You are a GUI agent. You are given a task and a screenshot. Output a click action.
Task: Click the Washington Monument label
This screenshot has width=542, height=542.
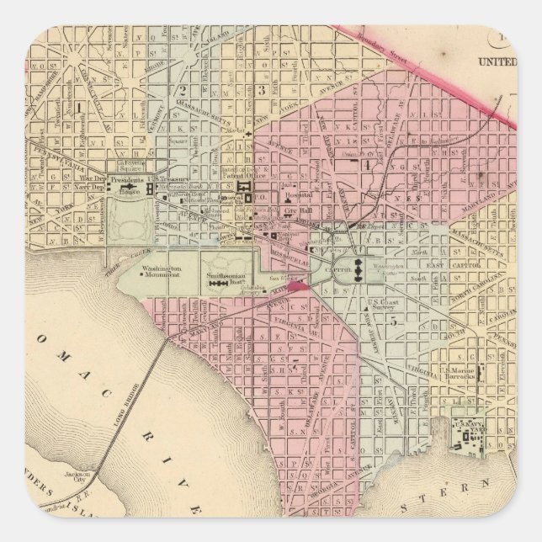click(x=159, y=271)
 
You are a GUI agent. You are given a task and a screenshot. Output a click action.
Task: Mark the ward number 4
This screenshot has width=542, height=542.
click(x=366, y=163)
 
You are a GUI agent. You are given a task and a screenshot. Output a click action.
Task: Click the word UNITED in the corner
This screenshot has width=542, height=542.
click(x=496, y=61)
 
